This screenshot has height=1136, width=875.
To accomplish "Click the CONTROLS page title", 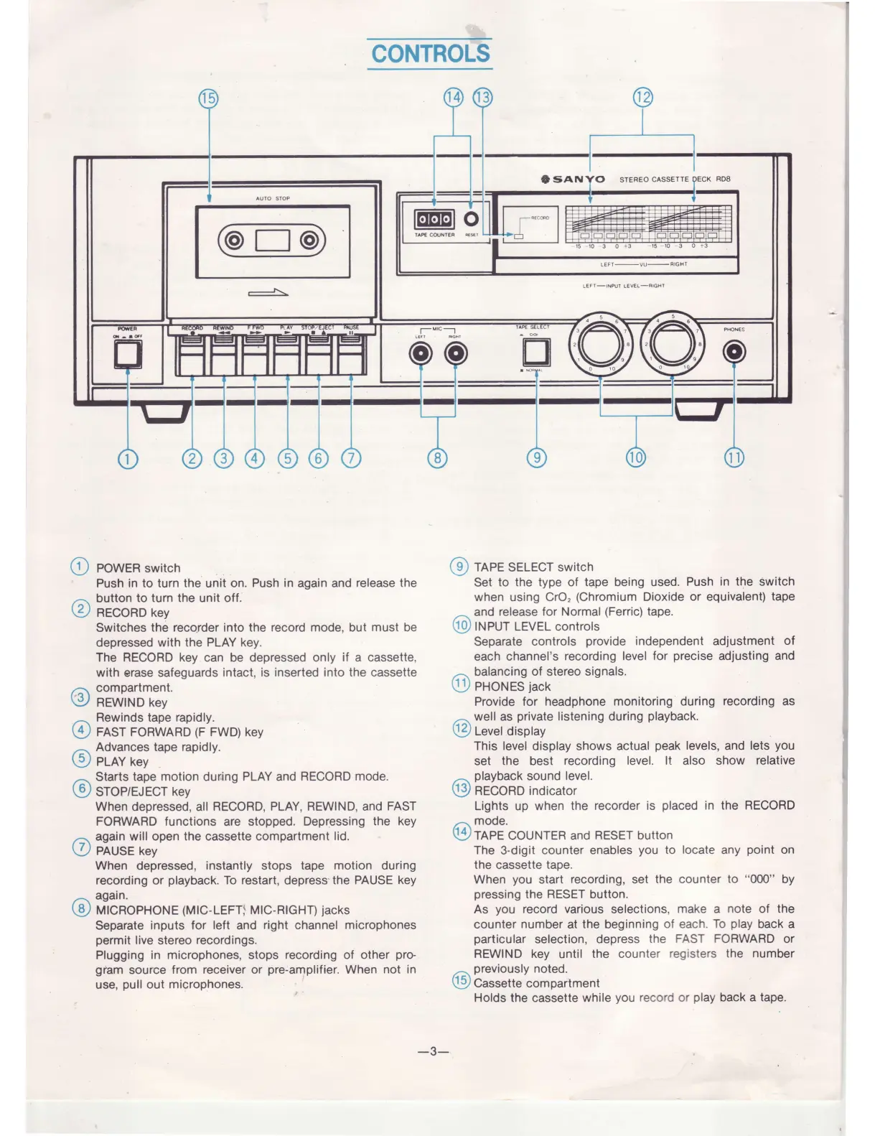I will [430, 53].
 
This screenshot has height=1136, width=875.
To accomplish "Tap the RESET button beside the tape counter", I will [472, 219].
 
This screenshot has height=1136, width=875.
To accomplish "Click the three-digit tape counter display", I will [434, 219].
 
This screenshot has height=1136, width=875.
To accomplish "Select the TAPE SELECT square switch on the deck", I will [536, 351].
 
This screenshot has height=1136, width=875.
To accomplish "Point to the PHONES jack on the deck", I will [734, 351].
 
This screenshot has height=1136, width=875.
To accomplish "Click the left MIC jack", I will [421, 353].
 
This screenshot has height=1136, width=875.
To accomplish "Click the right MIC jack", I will [455, 353].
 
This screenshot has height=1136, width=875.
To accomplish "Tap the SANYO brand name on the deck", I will [579, 180].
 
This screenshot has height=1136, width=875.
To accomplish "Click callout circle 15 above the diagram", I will [208, 98].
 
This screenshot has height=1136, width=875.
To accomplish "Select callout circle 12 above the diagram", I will [642, 98].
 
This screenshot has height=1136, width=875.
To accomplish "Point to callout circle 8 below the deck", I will [438, 457].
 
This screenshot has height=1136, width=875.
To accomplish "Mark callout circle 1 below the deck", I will [127, 458].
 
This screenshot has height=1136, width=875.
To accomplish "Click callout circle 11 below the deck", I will [734, 457].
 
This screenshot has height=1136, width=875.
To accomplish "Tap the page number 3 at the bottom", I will [433, 1051].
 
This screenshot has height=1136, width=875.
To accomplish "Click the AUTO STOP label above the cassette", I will [273, 198].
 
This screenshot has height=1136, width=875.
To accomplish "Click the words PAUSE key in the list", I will [126, 851].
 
